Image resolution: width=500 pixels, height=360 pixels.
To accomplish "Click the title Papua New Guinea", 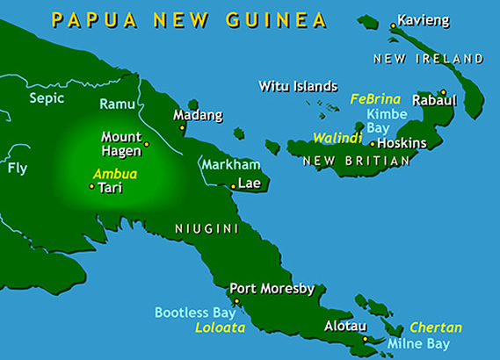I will pyautogui.click(x=188, y=18).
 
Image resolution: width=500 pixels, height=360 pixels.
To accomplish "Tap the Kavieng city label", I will pyautogui.click(x=423, y=18).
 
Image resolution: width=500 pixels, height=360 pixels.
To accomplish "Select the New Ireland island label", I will pyautogui.click(x=428, y=59).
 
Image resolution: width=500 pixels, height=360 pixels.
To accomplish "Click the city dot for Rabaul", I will pyautogui.click(x=444, y=92).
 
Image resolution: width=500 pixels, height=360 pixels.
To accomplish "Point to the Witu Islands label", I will pyautogui.click(x=298, y=86).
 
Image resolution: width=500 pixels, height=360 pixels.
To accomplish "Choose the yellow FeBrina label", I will pyautogui.click(x=375, y=99).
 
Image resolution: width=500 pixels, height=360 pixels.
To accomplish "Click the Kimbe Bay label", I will pyautogui.click(x=384, y=121).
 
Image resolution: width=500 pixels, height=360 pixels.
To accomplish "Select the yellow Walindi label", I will pyautogui.click(x=337, y=138).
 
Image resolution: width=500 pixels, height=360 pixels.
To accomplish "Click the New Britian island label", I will pyautogui.click(x=357, y=162).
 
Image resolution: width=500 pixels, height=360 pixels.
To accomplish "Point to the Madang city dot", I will pyautogui.click(x=182, y=128).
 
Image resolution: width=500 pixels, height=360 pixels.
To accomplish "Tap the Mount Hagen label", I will pyautogui.click(x=121, y=143).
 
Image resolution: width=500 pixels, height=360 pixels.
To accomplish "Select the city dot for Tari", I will pyautogui.click(x=91, y=186).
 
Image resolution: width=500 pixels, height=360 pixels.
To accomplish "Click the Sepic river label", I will pyautogui.click(x=47, y=98).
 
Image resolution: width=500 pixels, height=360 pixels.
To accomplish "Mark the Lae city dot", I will pyautogui.click(x=232, y=186).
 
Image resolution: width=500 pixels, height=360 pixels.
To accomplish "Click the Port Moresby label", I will pyautogui.click(x=272, y=288).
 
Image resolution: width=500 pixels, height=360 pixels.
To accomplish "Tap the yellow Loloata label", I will pyautogui.click(x=220, y=328).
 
